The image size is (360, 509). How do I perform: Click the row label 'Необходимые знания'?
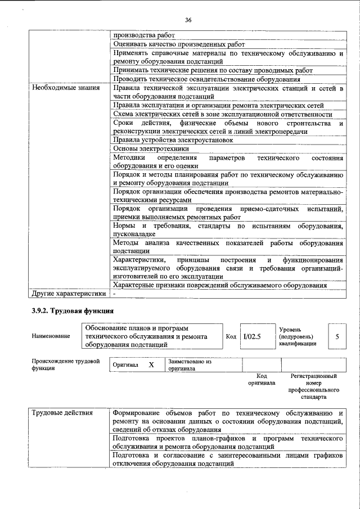[x=66, y=88]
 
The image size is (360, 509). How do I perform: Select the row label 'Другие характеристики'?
[x=69, y=293]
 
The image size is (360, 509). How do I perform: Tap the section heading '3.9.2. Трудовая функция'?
[x=73, y=310]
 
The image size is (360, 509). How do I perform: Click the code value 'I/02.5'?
[x=252, y=336]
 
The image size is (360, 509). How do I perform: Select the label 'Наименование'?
[x=51, y=336]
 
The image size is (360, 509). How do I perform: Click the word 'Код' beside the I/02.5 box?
[x=231, y=336]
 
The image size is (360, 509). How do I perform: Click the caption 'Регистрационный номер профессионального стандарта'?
[x=313, y=386]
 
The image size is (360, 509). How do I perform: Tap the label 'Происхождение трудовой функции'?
[x=65, y=364]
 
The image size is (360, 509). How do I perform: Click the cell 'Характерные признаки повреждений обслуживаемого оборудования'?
[x=219, y=285]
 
